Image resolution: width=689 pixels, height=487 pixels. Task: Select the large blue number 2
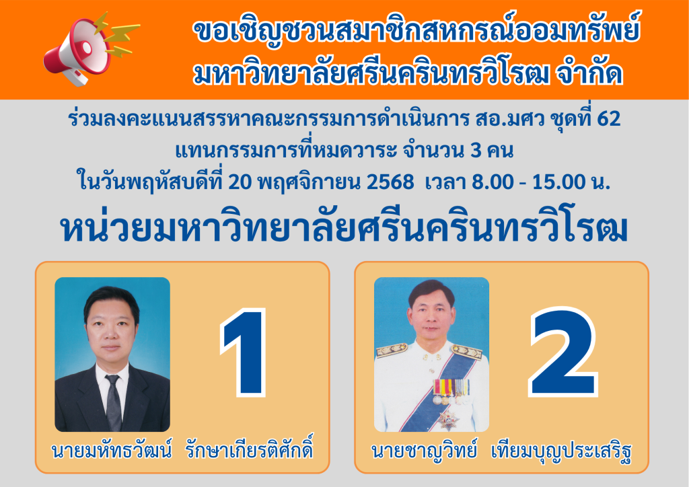coord(563,352)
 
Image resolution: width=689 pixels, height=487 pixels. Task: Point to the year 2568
coord(390,182)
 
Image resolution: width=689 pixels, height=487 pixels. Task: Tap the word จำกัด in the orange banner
coord(590,73)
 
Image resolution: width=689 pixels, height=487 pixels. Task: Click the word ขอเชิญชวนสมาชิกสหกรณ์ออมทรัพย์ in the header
coord(416,31)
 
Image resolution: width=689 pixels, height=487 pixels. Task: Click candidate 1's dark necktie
coord(113,402)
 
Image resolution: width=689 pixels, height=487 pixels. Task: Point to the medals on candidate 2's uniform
coord(451,391)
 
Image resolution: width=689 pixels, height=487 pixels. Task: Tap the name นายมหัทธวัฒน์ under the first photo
coord(111,451)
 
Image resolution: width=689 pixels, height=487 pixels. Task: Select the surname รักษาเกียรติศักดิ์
coord(249,450)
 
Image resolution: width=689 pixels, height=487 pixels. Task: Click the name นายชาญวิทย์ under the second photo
coord(424,451)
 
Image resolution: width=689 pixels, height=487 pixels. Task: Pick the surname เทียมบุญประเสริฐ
coord(562,452)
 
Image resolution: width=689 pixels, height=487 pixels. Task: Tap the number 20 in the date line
coord(240,182)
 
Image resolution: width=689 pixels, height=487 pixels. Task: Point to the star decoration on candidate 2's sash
coord(448,420)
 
